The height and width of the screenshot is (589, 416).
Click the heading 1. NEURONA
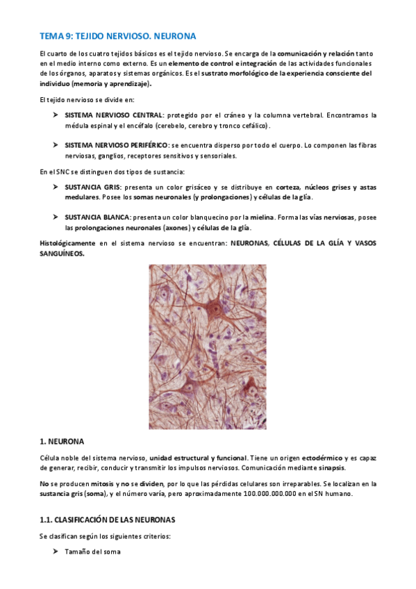[63, 440]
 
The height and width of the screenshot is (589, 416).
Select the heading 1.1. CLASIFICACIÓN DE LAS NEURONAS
[108, 519]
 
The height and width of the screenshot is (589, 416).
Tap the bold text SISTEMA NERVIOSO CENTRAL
[114, 115]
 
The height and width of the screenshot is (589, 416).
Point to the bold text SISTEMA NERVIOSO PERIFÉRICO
[117, 145]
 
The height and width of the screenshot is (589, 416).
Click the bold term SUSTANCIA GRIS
[92, 188]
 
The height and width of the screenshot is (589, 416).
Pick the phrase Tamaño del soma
[92, 551]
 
